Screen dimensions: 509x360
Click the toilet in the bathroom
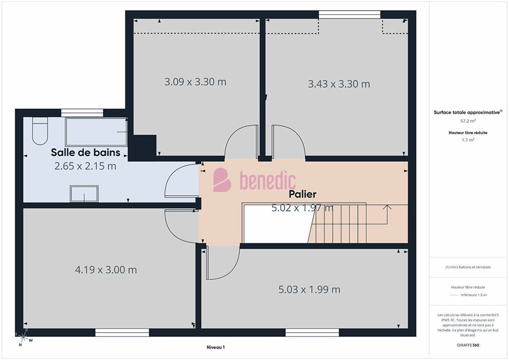tap(40, 131)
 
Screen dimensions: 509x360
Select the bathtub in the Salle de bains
tap(96, 132)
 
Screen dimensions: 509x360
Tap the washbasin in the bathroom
tap(84, 193)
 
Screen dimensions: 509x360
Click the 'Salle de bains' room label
tap(85, 152)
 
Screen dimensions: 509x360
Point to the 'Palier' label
tap(302, 194)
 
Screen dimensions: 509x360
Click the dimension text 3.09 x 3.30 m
tap(195, 82)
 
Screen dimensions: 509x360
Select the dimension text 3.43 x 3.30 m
tap(339, 84)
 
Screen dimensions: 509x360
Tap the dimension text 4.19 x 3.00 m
tap(106, 270)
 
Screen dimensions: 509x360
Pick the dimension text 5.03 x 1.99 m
tap(310, 289)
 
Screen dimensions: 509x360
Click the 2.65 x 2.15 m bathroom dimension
tap(85, 166)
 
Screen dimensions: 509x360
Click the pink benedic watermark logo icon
tap(222, 180)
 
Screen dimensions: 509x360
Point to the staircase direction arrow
tap(387, 214)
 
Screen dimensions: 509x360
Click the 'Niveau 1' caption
tap(215, 347)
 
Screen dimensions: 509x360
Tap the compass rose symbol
tap(22, 338)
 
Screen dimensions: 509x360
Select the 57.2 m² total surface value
tap(468, 121)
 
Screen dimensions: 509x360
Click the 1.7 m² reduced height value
tap(468, 140)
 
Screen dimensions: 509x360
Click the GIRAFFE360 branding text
tap(468, 345)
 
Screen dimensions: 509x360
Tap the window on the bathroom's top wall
tap(82, 113)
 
